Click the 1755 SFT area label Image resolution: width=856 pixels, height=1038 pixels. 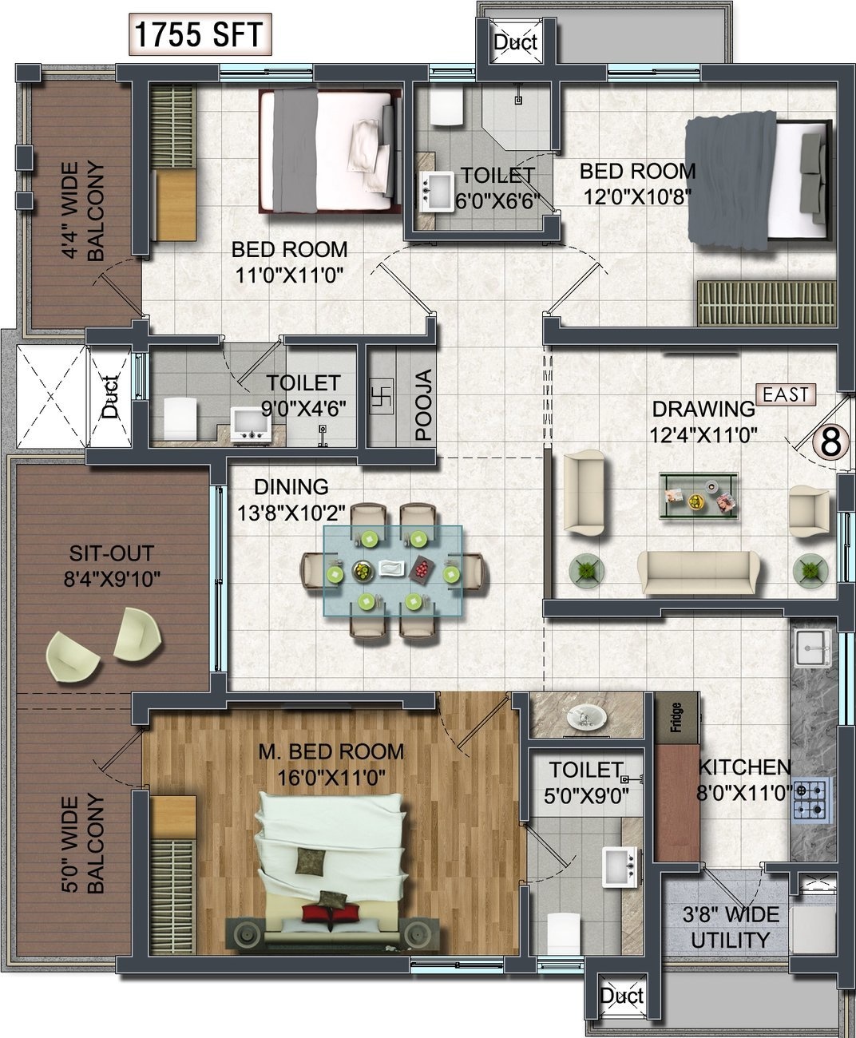(x=200, y=34)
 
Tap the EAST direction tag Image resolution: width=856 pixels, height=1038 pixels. (x=786, y=394)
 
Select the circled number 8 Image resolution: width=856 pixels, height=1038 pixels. (x=830, y=442)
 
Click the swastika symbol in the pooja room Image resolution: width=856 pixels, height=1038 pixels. (x=382, y=397)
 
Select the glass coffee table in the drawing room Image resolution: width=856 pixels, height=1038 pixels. (x=699, y=496)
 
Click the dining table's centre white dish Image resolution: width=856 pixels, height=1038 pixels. (x=392, y=568)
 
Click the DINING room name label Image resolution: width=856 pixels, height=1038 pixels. (x=291, y=487)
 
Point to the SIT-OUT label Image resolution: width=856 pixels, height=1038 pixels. (x=111, y=553)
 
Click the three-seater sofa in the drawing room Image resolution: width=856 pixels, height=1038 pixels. (x=699, y=572)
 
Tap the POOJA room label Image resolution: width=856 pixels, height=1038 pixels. (x=423, y=405)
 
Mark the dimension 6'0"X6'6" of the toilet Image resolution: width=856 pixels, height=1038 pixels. (x=497, y=201)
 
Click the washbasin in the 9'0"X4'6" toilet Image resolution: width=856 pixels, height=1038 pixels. (x=252, y=424)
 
